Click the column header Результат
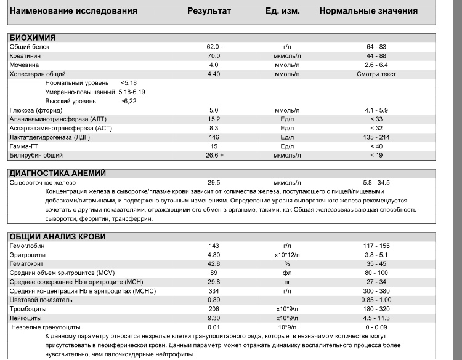[209, 11]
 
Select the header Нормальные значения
[368, 11]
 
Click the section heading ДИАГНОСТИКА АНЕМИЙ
[58, 174]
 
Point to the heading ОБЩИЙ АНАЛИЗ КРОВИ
[57, 237]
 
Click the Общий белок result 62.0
[214, 47]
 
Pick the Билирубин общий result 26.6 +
[214, 156]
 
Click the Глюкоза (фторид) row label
[36, 110]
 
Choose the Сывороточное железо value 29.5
[214, 183]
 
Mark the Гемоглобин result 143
[214, 246]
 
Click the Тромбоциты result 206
[214, 309]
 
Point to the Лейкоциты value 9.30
[214, 318]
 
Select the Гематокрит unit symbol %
[286, 264]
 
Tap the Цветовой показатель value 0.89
[214, 300]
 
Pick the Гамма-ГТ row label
[24, 146]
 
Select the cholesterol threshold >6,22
[129, 101]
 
